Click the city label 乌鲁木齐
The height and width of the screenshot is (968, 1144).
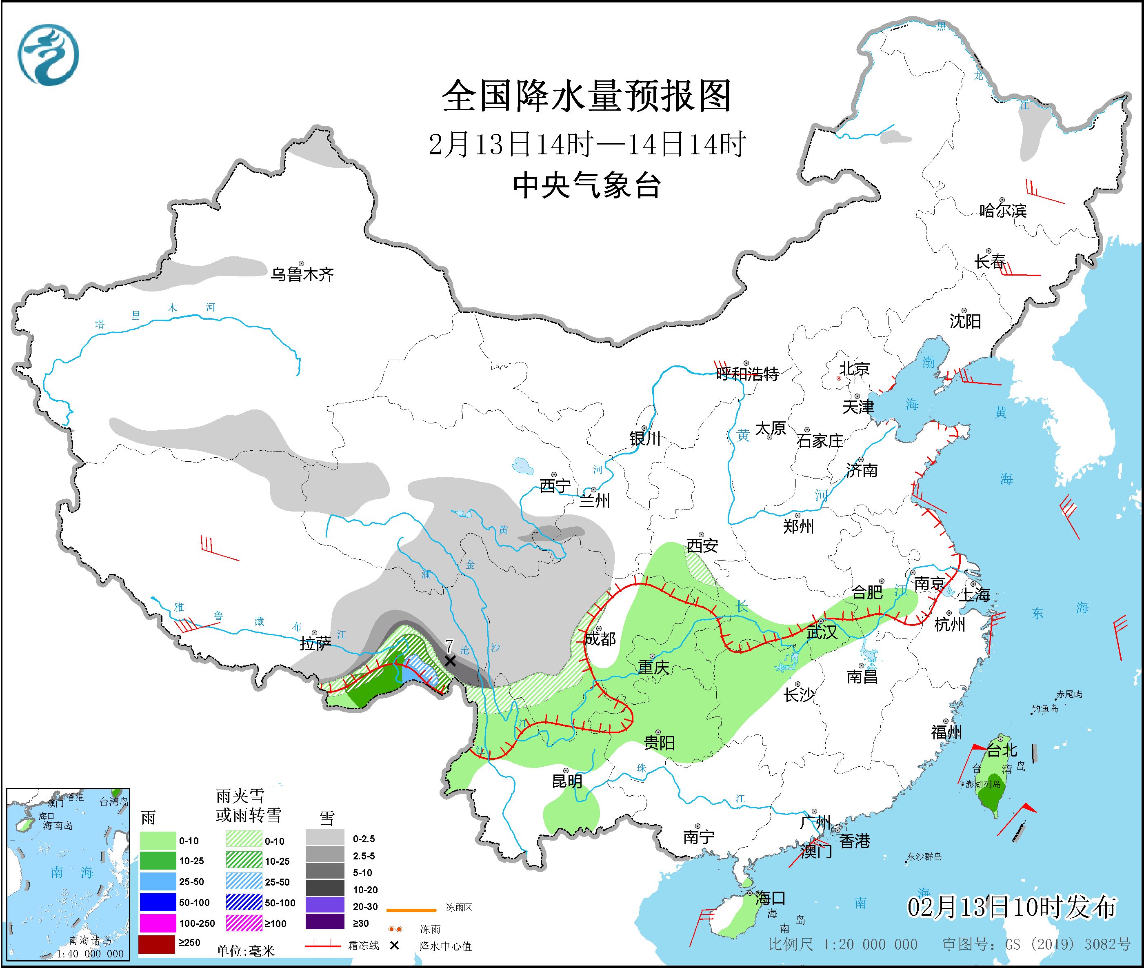[302, 274]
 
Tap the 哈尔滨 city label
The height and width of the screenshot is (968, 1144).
[1002, 211]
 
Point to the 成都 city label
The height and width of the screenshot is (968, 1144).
[600, 639]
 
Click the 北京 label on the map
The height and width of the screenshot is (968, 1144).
[854, 368]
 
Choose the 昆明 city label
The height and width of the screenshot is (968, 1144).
[567, 781]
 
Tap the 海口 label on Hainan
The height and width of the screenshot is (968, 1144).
[770, 898]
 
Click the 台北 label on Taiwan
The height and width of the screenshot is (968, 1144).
[1002, 750]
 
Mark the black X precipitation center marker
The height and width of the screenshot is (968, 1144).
[450, 661]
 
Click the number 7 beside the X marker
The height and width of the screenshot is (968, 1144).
[449, 645]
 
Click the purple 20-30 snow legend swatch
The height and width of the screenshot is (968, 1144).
[325, 906]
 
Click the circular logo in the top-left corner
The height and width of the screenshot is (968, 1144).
[48, 55]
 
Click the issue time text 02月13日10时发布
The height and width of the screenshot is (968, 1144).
[1011, 907]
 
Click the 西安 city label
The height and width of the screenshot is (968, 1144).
[702, 545]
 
